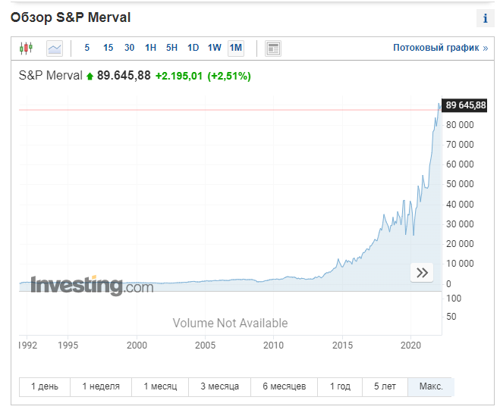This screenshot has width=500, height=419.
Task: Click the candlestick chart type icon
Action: (x=27, y=48)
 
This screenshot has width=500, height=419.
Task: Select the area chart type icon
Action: (x=55, y=48)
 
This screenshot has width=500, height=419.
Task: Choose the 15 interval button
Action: (x=108, y=48)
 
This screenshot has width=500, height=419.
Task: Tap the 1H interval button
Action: (x=150, y=48)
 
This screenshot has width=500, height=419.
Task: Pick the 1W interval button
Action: (x=214, y=48)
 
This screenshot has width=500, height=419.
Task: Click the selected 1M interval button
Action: (x=236, y=48)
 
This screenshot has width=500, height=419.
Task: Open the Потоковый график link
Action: (x=440, y=48)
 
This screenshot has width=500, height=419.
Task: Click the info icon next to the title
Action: (x=483, y=19)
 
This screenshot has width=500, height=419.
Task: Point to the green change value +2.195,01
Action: (x=179, y=77)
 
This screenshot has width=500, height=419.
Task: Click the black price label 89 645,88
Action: (x=465, y=105)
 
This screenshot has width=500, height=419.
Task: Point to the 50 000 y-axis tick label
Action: (x=460, y=184)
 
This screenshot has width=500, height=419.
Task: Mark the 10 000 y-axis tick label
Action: (x=460, y=264)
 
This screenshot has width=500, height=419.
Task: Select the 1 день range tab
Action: (x=45, y=386)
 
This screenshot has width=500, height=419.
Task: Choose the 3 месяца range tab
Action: (x=220, y=386)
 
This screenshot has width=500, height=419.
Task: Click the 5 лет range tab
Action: (x=385, y=386)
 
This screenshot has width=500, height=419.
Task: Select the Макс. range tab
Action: (x=430, y=386)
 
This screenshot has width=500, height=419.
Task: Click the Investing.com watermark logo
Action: (x=92, y=286)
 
